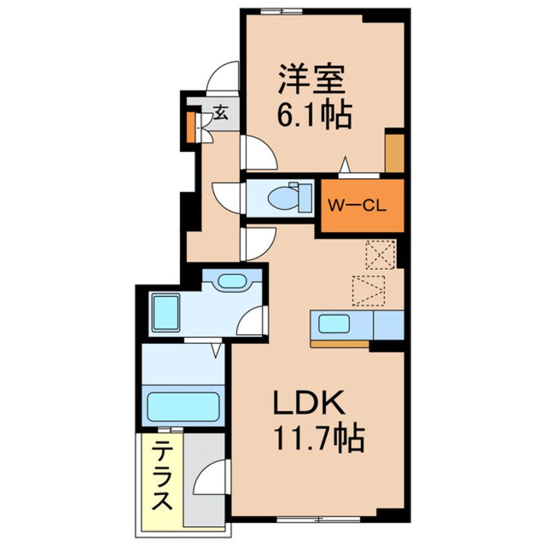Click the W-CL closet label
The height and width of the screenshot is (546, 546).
point(357,207)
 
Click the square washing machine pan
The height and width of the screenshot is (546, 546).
point(167,312)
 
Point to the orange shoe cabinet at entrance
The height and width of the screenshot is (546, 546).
point(191,128)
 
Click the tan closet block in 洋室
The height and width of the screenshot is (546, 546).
point(394,152)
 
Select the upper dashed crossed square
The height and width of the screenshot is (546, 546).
point(379,254)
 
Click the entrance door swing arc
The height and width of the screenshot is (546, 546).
point(222,77)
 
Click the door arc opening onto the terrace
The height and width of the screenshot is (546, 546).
point(210,479)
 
